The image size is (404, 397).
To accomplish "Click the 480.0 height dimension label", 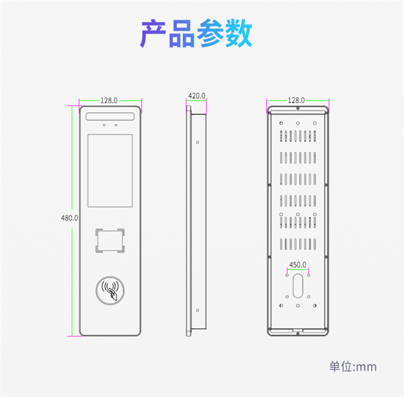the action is click(x=69, y=218).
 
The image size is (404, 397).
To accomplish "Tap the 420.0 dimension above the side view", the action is click(x=197, y=96).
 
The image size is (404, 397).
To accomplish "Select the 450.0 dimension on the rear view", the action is click(x=297, y=265).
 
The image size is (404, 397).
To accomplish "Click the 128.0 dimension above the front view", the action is click(x=109, y=101).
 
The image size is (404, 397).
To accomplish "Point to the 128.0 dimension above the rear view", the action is click(x=296, y=100).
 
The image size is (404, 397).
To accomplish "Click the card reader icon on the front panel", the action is click(x=110, y=290).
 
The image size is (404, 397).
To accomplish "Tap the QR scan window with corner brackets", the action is click(x=110, y=241).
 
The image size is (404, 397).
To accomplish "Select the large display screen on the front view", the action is click(x=110, y=171).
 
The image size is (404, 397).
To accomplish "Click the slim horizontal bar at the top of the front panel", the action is click(x=110, y=116).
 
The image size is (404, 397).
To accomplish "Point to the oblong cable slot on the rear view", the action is click(x=298, y=285).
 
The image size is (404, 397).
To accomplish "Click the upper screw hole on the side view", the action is click(x=197, y=142).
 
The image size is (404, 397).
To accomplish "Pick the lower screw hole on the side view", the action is click(x=197, y=310).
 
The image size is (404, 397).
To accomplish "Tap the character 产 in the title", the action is click(x=153, y=33).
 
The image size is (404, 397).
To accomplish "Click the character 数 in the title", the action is click(x=239, y=33).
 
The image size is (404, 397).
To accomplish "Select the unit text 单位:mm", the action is click(x=353, y=367).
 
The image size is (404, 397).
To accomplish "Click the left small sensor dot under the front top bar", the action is click(x=104, y=125).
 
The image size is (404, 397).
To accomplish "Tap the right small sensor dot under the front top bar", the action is click(x=116, y=125).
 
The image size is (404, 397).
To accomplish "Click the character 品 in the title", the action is click(x=182, y=33).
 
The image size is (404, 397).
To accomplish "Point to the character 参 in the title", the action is click(x=210, y=33).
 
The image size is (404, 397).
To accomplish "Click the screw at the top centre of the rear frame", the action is click(x=298, y=108).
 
